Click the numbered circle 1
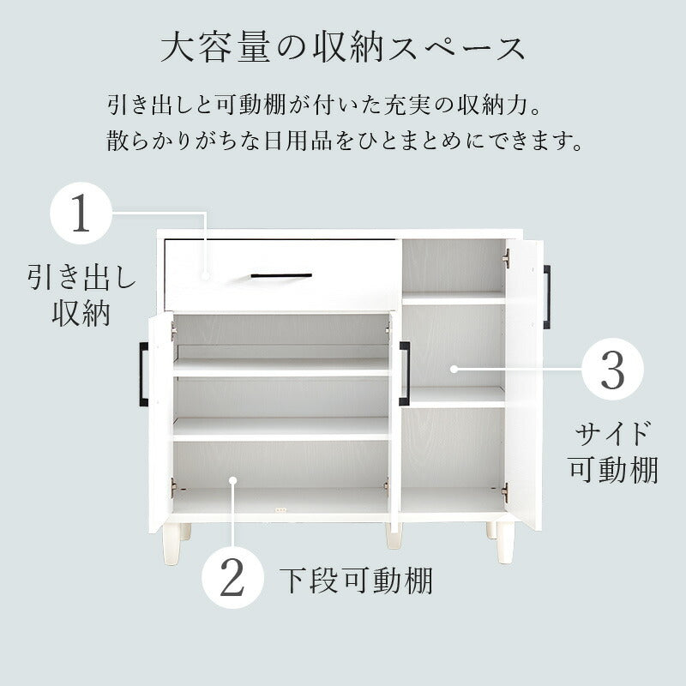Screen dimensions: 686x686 pos(81,213)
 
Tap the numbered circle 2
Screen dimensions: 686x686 pos(232,577)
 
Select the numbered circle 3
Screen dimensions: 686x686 pos(612,369)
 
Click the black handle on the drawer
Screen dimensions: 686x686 pos(281,275)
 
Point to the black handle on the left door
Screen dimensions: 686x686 pos(143,374)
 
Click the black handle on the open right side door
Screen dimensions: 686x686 pos(547,297)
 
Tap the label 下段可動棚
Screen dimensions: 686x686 pos(356,581)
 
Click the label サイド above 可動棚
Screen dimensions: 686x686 pos(612,434)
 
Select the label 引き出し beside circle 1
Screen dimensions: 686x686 pos(81,276)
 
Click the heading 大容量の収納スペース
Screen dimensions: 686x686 pos(343,48)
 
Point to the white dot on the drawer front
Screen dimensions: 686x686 pos(206,276)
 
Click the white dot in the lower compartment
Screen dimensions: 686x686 pos(232,481)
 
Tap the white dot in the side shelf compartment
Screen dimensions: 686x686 pos(454,369)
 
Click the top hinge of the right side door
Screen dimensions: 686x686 pos(507,258)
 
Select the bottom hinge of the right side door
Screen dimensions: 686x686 pos(505,493)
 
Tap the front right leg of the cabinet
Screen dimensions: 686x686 pos(506,544)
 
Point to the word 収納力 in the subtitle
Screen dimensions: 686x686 pos(492,105)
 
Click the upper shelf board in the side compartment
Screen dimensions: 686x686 pos(454,298)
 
